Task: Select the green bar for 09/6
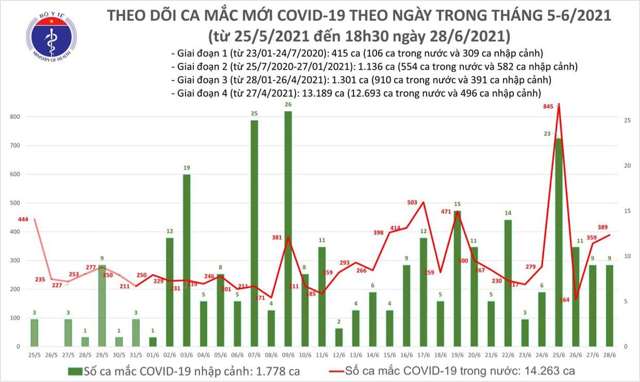pos(288,229)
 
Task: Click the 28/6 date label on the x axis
pos(608,355)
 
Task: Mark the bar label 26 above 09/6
pos(288,105)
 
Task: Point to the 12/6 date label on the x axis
pos(339,355)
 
